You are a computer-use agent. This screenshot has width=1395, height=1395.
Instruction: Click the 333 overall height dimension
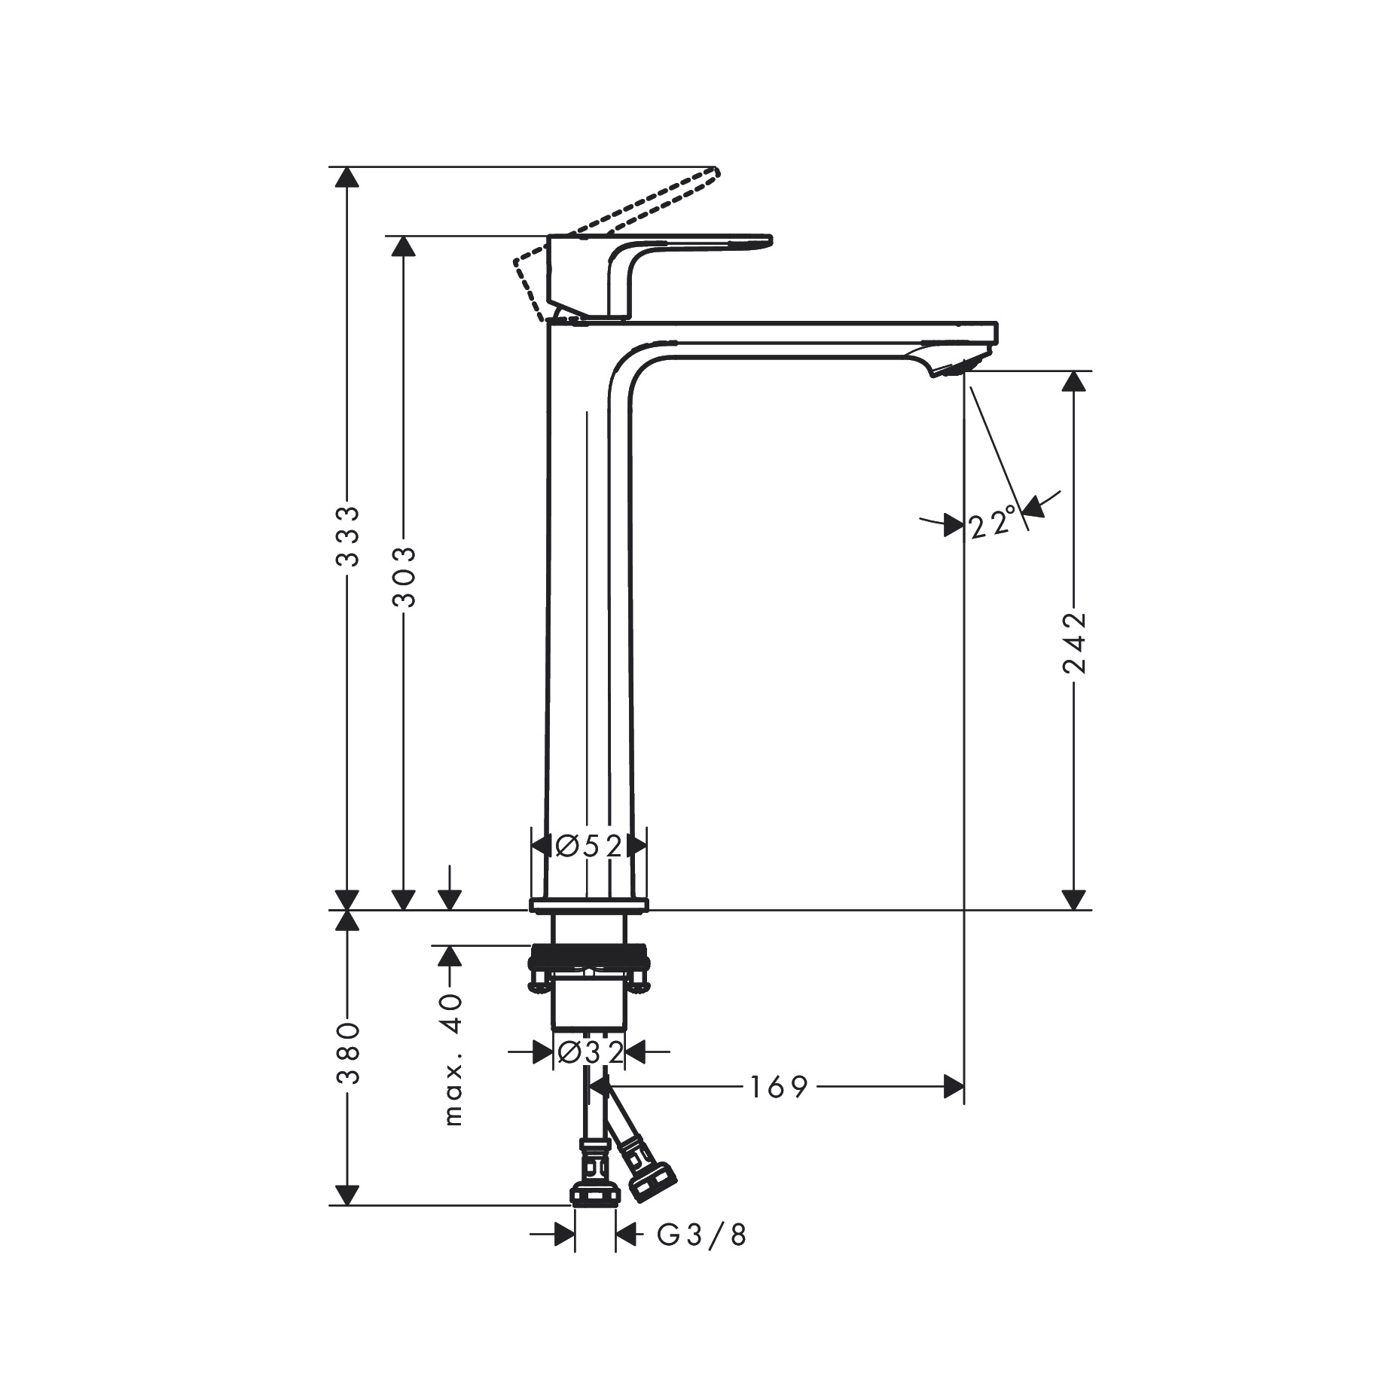click(348, 536)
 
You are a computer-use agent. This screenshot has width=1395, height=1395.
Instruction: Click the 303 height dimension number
click(404, 576)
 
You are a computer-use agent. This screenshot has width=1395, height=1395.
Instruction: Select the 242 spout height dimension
click(1074, 642)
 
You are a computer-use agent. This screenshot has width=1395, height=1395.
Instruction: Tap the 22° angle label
click(994, 523)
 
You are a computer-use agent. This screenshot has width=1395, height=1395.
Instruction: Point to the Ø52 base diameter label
click(589, 846)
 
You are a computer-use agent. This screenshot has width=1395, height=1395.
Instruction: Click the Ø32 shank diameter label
click(590, 1052)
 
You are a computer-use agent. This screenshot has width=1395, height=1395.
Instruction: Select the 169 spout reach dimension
click(779, 1087)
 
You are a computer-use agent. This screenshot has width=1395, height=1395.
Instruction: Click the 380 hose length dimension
click(348, 1053)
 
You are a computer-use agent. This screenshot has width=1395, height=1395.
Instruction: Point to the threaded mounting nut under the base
click(589, 960)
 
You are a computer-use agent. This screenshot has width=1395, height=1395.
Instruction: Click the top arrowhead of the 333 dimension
click(346, 176)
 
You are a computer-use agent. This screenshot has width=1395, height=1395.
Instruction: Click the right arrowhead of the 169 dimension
click(954, 1087)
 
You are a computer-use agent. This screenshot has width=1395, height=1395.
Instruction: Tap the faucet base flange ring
click(589, 905)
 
